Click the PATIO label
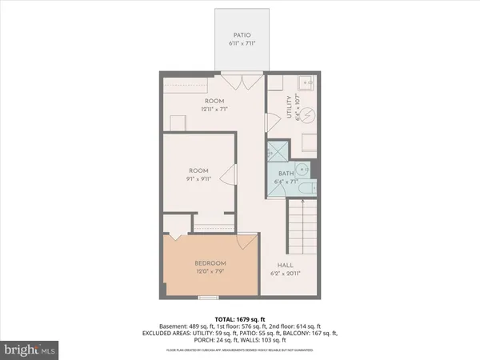242,35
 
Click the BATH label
286,174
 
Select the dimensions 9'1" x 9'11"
198,178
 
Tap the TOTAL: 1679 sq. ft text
240,319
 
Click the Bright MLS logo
30,350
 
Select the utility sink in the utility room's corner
306,83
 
